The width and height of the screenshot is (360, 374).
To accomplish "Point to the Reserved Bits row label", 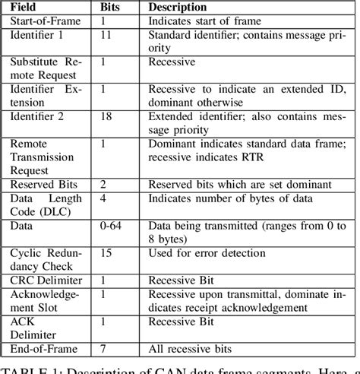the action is (x=41, y=184).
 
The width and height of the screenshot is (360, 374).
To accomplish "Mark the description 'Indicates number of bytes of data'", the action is (x=227, y=198).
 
